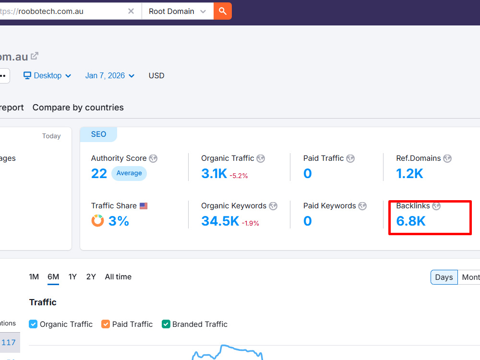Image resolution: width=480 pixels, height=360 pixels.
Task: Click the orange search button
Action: tap(223, 12)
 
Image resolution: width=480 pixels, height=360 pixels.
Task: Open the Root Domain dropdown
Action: tap(177, 12)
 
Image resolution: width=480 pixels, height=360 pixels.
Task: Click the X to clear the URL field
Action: tap(131, 12)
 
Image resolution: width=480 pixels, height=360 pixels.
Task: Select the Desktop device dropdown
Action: tap(48, 76)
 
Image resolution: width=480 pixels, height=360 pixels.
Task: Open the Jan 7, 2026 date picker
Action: tap(110, 76)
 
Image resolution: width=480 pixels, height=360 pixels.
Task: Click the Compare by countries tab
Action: tap(78, 108)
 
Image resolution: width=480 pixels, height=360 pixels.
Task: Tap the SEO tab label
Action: tap(98, 134)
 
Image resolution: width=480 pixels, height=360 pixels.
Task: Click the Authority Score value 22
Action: tap(99, 174)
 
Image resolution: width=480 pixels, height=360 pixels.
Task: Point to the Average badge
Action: tap(129, 173)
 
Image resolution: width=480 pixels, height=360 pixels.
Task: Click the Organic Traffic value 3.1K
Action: tap(214, 174)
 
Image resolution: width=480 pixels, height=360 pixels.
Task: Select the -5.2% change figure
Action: tap(239, 176)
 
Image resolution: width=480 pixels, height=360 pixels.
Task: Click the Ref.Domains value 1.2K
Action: tap(409, 174)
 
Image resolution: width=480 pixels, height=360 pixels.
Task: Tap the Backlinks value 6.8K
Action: tap(411, 221)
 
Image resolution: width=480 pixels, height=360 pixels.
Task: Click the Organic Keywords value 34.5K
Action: tap(220, 221)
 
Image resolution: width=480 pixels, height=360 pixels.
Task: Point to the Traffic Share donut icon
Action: tap(97, 220)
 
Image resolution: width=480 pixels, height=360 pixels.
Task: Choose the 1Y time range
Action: tap(72, 277)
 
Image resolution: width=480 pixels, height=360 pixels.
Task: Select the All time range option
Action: tap(118, 277)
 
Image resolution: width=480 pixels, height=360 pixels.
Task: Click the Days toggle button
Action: tap(444, 277)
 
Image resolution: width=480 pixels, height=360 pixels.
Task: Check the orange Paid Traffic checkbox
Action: tap(106, 324)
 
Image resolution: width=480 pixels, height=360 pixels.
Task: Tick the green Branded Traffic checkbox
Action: tap(166, 324)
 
